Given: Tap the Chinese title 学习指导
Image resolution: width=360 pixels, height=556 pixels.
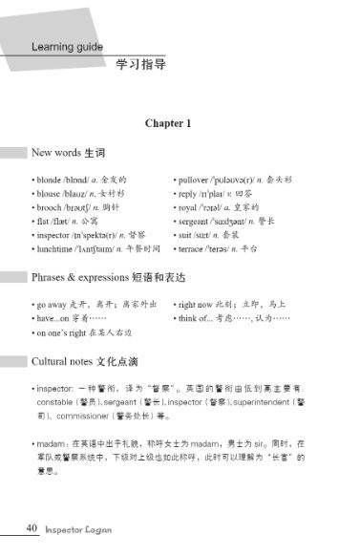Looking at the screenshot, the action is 139,66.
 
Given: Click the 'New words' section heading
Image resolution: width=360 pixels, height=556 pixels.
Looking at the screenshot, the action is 54,153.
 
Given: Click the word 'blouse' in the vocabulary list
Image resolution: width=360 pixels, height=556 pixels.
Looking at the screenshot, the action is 51,193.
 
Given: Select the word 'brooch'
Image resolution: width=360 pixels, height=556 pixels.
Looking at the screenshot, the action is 52,206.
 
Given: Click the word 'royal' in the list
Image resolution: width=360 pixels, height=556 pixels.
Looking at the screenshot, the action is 191,206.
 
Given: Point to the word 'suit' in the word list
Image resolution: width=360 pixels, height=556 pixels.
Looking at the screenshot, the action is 187,234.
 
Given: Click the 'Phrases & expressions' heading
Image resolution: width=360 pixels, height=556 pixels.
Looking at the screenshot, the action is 78,277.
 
